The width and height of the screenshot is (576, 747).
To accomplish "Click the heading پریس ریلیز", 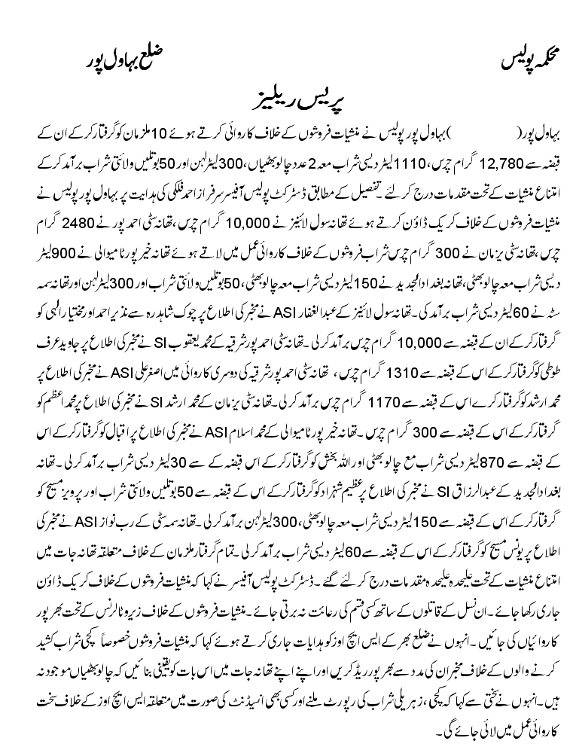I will pos(288,103).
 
